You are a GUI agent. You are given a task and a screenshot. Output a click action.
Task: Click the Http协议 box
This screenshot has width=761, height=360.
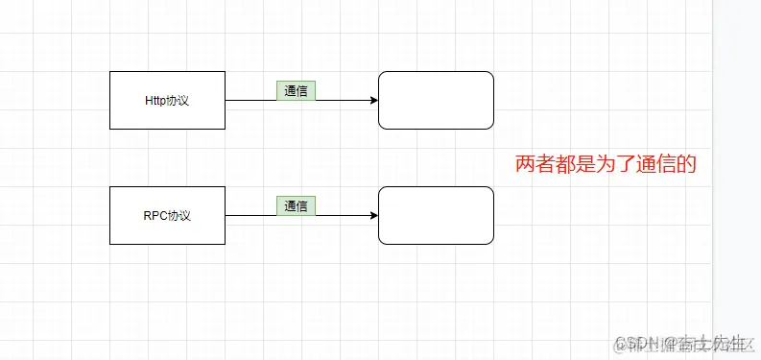168,100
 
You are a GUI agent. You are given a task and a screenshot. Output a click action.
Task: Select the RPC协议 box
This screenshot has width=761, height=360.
168,215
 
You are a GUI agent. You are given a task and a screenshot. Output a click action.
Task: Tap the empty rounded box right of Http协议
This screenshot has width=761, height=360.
436,100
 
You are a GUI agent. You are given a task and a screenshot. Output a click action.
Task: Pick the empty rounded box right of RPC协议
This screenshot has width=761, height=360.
436,215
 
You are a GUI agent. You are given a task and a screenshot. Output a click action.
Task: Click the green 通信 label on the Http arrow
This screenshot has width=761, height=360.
296,90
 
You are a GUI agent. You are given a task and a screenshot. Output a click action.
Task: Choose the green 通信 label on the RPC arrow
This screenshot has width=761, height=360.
296,205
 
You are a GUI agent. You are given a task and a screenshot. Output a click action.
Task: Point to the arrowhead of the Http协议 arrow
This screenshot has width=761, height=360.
372,100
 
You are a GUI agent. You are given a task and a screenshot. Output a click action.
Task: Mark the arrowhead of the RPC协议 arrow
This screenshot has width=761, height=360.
372,215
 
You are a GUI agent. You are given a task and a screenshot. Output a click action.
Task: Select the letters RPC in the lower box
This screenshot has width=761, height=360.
155,215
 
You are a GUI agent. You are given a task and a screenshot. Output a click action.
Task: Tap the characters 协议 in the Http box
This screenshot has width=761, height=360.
179,100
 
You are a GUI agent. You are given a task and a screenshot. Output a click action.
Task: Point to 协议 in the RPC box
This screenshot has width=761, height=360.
179,215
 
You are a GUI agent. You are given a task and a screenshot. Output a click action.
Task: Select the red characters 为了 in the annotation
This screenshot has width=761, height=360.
615,165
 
